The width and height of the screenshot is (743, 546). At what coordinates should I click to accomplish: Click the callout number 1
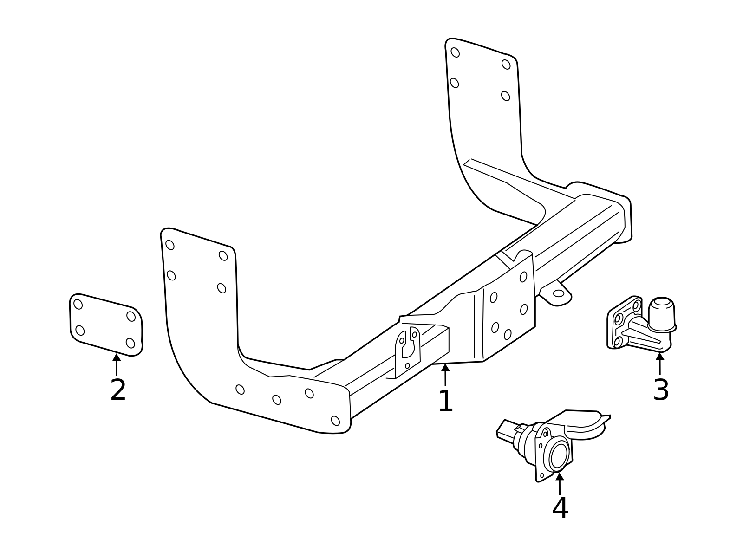(x=445, y=401)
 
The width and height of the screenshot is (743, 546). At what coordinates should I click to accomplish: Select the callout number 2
(x=118, y=390)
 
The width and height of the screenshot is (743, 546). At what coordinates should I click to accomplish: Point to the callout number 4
(x=560, y=508)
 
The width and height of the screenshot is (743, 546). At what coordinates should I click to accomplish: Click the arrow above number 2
(x=117, y=364)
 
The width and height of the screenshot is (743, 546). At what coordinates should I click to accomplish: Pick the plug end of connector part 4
(x=507, y=430)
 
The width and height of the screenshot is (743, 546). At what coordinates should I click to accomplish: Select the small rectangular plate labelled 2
(x=106, y=325)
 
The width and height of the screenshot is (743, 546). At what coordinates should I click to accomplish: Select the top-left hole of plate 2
(x=78, y=304)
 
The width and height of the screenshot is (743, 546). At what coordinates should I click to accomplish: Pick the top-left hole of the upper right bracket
(x=455, y=52)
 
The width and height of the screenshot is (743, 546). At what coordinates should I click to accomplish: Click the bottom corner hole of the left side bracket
(x=335, y=421)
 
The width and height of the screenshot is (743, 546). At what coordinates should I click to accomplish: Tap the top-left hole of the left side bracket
(x=170, y=245)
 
